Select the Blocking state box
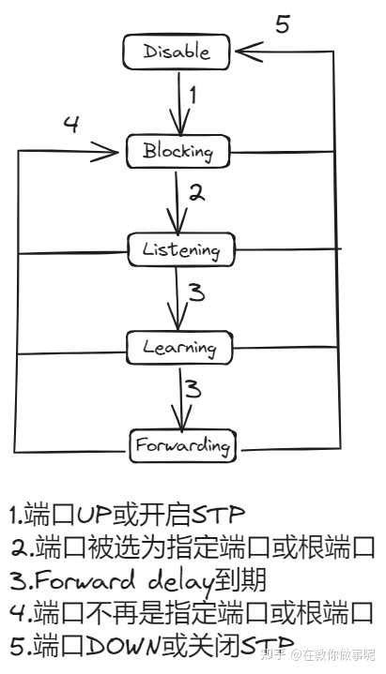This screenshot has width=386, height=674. click(x=178, y=150)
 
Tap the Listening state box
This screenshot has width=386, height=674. click(x=180, y=249)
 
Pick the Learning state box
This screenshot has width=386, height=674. click(x=180, y=347)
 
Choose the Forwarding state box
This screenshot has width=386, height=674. click(x=180, y=442)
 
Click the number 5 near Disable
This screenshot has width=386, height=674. click(x=282, y=25)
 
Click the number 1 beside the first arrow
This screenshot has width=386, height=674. click(x=193, y=96)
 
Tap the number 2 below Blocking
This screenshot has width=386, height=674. click(x=195, y=194)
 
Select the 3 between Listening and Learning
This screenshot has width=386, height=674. click(x=195, y=293)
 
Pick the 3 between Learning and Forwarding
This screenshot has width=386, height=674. click(x=193, y=389)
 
